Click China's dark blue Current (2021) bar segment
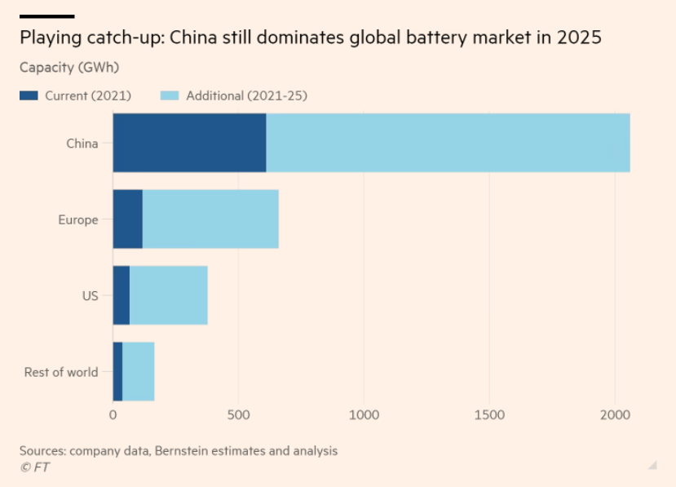[x=189, y=143]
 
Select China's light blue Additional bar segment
[x=448, y=143]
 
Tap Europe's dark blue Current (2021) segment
[x=127, y=219]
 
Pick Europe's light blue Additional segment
[x=210, y=219]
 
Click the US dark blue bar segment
[x=121, y=295]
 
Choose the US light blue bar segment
[x=168, y=295]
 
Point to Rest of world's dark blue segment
[x=117, y=372]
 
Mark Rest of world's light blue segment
[x=138, y=372]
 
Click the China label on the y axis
[x=82, y=144]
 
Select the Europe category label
[x=77, y=219]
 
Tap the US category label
[x=90, y=296]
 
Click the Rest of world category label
[x=60, y=372]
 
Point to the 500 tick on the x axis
[x=238, y=414]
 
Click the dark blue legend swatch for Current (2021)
[x=29, y=95]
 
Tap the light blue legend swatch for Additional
[x=170, y=95]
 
